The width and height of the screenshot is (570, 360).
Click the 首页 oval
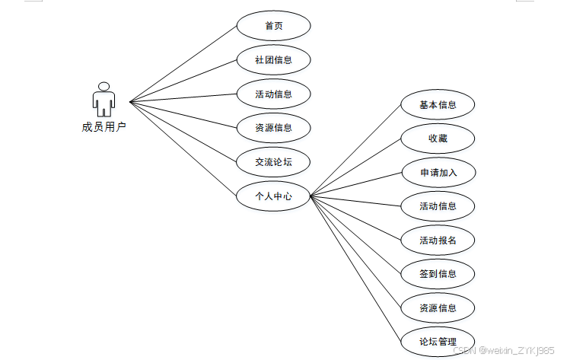[273, 26]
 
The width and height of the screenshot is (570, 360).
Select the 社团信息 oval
[273, 59]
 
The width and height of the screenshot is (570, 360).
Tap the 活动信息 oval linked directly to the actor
[273, 94]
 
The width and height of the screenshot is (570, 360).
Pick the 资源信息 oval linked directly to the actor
[273, 128]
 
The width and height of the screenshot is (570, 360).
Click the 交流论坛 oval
[273, 161]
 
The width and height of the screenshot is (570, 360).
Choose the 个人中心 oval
[273, 196]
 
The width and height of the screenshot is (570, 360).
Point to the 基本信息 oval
[438, 105]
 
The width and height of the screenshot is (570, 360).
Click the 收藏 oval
[438, 139]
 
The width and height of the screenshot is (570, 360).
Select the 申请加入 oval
[438, 173]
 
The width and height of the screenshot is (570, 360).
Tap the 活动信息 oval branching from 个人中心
[438, 206]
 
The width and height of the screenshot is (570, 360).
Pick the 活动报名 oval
[438, 241]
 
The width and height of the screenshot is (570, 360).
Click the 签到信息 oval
[438, 274]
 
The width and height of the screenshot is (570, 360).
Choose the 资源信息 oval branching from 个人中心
[438, 308]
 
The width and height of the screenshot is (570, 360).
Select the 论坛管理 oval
[438, 341]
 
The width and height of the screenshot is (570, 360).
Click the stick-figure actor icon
[103, 99]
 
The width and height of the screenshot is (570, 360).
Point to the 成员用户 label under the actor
[103, 127]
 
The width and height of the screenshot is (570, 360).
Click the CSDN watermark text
[503, 350]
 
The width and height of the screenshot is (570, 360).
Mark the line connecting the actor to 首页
[183, 64]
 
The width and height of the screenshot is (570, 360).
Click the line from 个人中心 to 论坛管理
[355, 271]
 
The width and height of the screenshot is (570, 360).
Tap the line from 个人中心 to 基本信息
[355, 149]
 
